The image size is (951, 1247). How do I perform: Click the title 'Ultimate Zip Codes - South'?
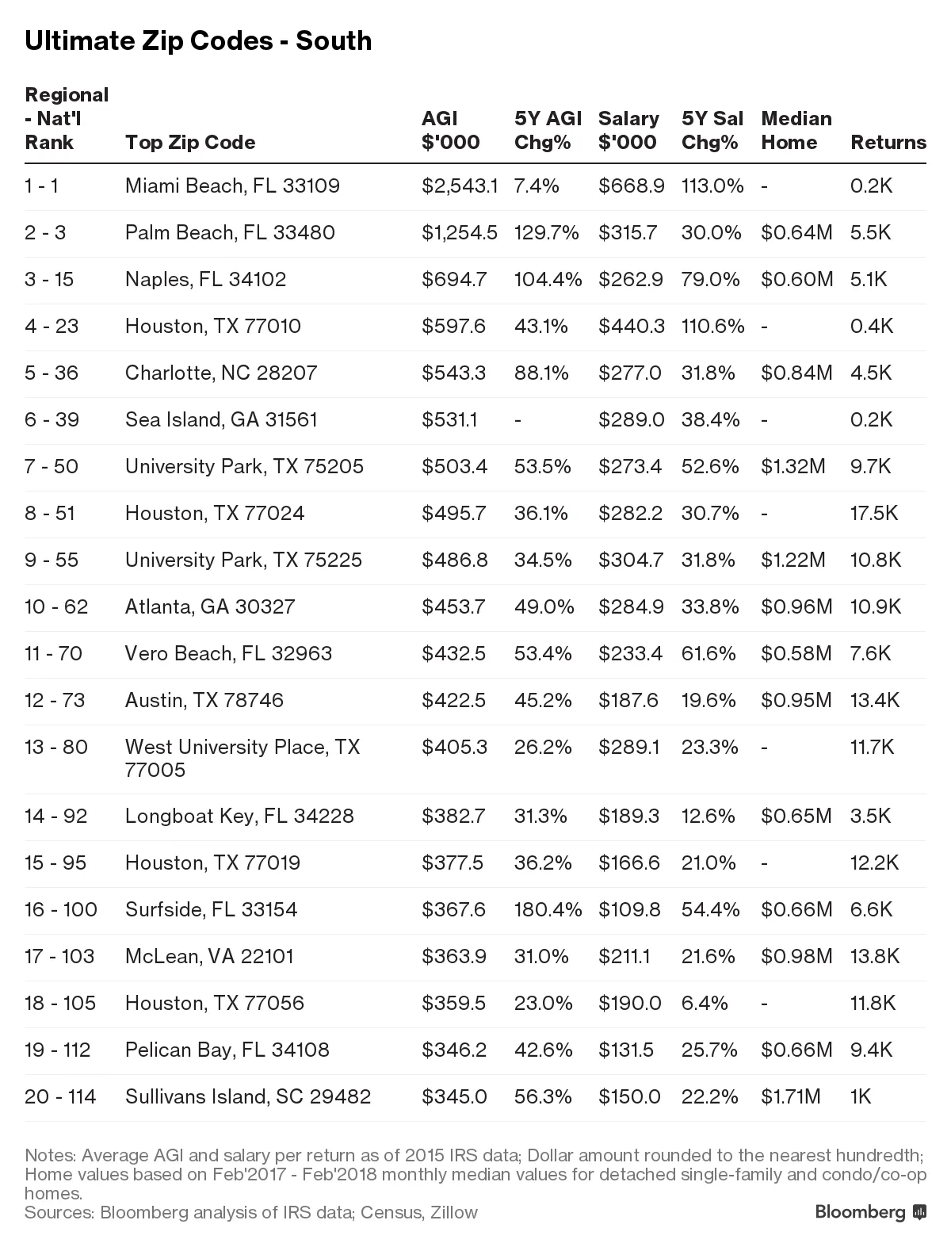pos(198,40)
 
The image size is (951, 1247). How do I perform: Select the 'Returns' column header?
pos(888,142)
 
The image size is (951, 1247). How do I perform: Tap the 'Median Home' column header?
pos(796,130)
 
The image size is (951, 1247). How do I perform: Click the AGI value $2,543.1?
pos(460,186)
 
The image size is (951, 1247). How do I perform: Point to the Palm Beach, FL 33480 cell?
pos(230,232)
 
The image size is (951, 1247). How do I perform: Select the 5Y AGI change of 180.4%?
pos(548,909)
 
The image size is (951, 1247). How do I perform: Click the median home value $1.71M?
pos(790,1096)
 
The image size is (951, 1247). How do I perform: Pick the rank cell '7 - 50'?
pos(52,466)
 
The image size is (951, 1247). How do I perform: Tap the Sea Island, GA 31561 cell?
pos(221,419)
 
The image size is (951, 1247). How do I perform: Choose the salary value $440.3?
pos(631,326)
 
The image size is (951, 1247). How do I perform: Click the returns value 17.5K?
pos(873,513)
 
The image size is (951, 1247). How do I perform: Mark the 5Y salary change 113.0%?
pos(712,186)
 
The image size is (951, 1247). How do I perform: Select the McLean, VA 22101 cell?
pos(209,956)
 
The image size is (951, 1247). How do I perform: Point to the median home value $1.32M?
pos(792,466)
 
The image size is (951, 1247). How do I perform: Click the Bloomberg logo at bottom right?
pos(870,1212)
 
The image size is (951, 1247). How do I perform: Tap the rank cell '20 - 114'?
pos(60,1096)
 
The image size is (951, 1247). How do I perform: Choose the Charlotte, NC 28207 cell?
pos(221,373)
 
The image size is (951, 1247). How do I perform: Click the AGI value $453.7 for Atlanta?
pos(454,606)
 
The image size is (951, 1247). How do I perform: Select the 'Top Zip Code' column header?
pos(190,142)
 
